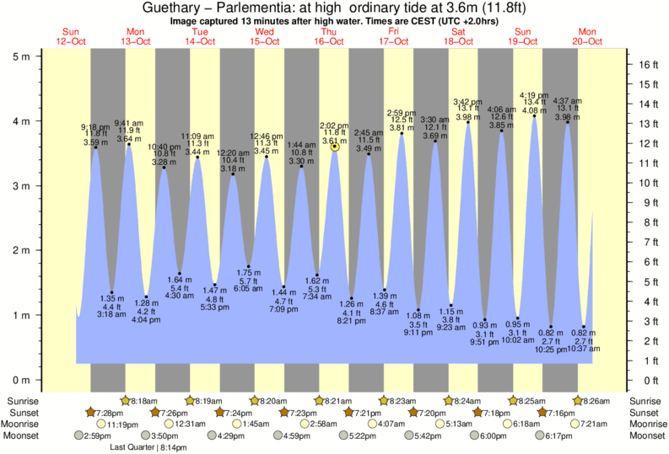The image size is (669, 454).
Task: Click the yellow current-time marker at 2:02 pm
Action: pyautogui.click(x=335, y=147)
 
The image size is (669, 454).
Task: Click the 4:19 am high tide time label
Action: pyautogui.click(x=534, y=94)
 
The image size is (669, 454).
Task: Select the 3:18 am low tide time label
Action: pyautogui.click(x=112, y=314)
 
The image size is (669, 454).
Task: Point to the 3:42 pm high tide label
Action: pyautogui.click(x=468, y=101)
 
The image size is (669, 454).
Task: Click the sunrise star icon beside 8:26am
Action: pyautogui.click(x=578, y=400)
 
